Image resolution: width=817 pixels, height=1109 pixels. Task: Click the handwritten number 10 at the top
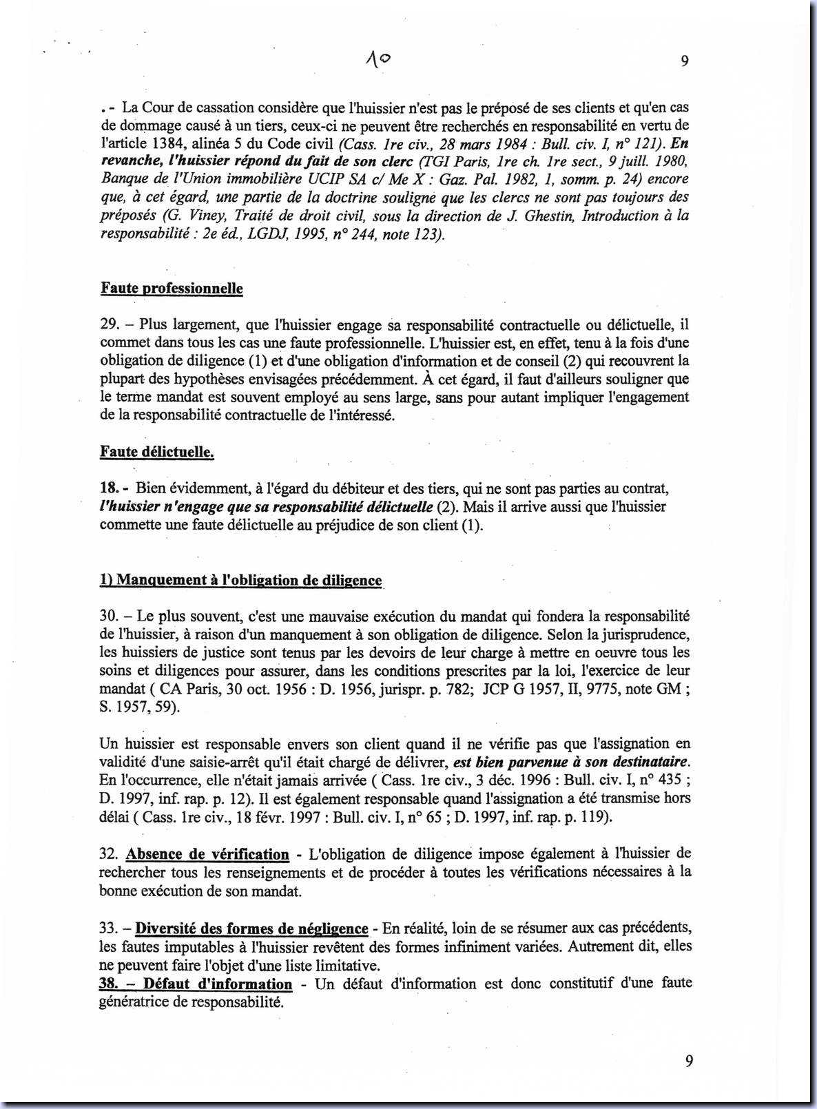coord(378,60)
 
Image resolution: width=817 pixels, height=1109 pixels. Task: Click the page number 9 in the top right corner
coord(685,61)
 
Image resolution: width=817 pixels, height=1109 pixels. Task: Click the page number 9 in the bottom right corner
coord(689,1061)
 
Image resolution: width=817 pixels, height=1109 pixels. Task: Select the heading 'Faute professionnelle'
coord(172,288)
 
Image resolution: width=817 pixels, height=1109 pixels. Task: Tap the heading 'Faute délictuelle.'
coord(157,452)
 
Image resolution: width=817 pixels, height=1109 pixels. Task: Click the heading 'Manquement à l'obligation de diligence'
coord(241,580)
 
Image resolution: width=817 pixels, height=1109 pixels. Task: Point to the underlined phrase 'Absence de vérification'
coord(207,854)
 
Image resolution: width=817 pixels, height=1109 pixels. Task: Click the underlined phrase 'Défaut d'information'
coord(218,984)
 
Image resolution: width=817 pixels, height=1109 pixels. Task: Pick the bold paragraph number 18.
coord(110,488)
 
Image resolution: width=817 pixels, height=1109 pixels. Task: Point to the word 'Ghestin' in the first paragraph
coord(554,216)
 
